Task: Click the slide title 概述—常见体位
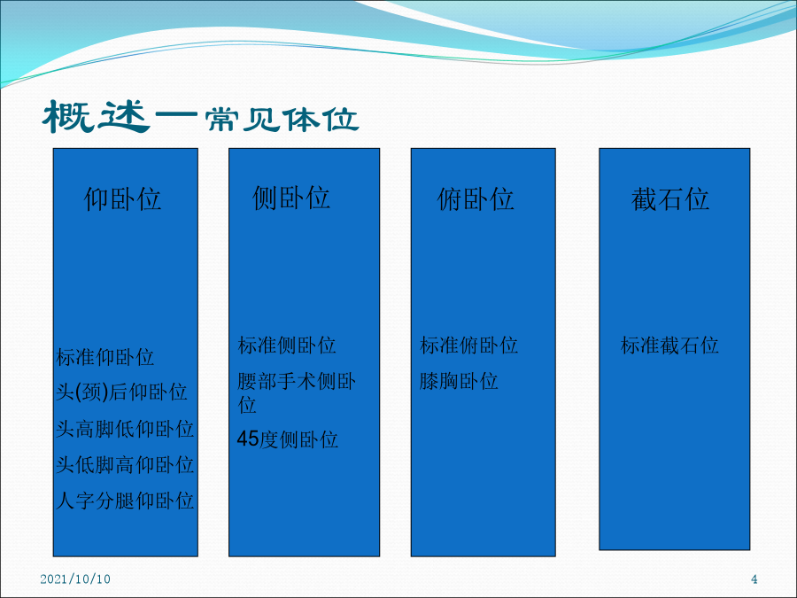click(x=201, y=118)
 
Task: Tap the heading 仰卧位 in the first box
click(x=122, y=198)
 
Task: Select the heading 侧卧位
click(x=291, y=198)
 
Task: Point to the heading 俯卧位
click(x=476, y=198)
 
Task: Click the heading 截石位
click(x=670, y=198)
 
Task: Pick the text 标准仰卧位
click(x=104, y=357)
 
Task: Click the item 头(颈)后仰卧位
click(x=121, y=392)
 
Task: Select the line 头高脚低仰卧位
click(x=125, y=429)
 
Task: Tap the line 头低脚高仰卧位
click(x=125, y=464)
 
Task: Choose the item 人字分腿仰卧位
click(x=125, y=501)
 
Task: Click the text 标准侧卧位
click(x=287, y=345)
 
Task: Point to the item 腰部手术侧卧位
click(x=297, y=392)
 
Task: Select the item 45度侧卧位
click(x=287, y=439)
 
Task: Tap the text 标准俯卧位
click(x=468, y=345)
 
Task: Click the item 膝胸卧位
click(x=459, y=381)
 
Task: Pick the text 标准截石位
click(x=669, y=345)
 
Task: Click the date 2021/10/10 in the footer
click(x=75, y=579)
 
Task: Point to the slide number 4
click(x=754, y=579)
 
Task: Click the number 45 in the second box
click(x=248, y=439)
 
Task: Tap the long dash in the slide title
click(x=176, y=115)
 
